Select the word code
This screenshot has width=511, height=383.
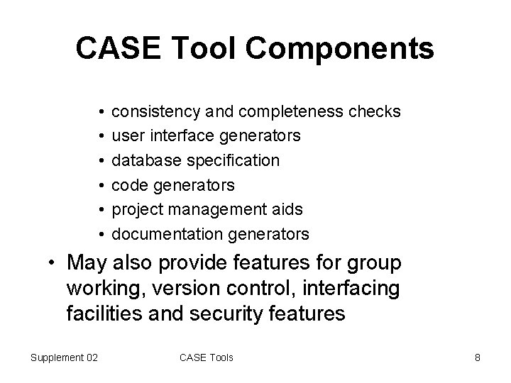[x=128, y=185]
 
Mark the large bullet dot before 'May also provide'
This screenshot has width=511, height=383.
[x=53, y=265]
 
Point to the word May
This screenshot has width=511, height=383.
[x=86, y=264]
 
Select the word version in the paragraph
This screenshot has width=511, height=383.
[x=187, y=289]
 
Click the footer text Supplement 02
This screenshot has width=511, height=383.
[x=64, y=357]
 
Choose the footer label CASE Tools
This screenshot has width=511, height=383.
[x=207, y=357]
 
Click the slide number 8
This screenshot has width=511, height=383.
[x=478, y=357]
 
